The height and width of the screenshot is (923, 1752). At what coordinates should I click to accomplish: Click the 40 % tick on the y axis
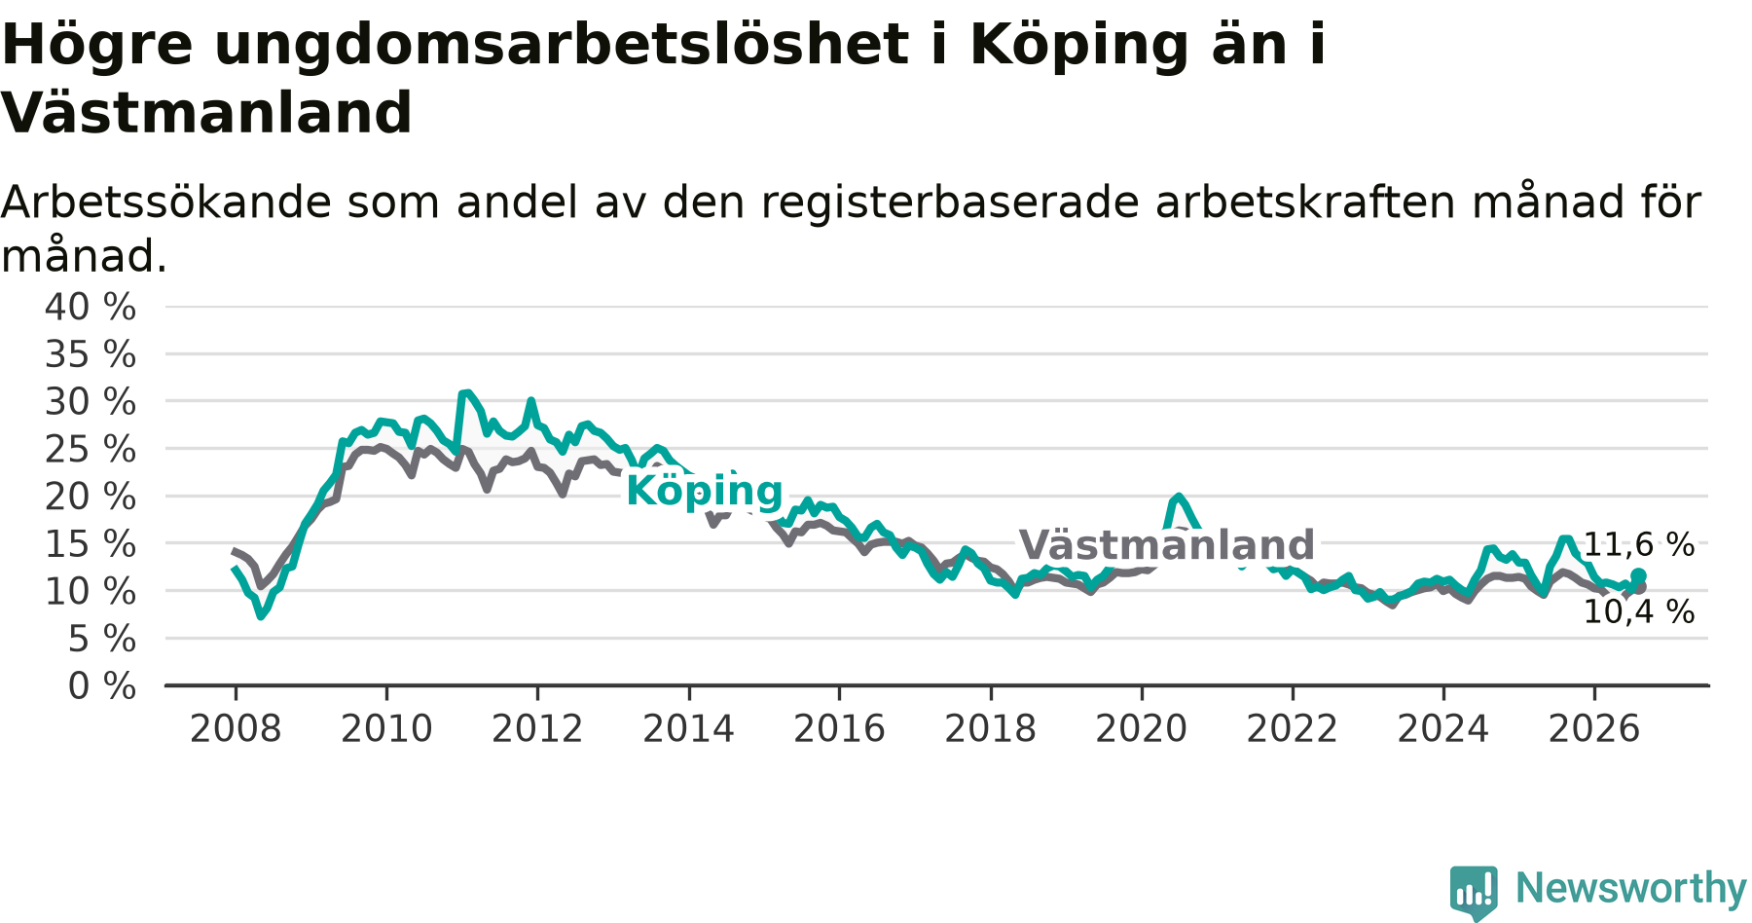(x=91, y=307)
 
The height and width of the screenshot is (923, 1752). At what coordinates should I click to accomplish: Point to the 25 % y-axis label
(x=91, y=449)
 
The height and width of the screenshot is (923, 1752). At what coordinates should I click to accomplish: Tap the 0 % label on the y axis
(x=102, y=686)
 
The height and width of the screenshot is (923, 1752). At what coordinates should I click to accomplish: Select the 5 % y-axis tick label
(x=102, y=639)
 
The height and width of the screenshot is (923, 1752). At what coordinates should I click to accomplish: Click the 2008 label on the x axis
(x=236, y=728)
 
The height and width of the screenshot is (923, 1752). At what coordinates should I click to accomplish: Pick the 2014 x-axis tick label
(x=688, y=728)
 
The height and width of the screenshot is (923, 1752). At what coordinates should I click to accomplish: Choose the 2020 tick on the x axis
(x=1142, y=728)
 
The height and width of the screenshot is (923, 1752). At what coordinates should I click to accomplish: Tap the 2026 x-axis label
(x=1594, y=728)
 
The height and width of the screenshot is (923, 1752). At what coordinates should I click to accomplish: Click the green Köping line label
(x=705, y=491)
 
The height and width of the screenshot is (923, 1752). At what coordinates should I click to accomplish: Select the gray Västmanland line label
(x=1167, y=544)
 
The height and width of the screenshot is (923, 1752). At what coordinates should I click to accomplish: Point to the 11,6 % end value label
(x=1639, y=545)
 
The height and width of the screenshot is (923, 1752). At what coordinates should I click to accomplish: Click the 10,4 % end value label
(x=1639, y=612)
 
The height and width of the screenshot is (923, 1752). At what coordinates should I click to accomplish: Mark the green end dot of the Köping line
(x=1638, y=576)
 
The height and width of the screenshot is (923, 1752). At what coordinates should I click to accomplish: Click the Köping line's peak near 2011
(x=467, y=393)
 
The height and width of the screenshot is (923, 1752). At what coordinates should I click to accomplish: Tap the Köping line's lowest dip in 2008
(x=261, y=615)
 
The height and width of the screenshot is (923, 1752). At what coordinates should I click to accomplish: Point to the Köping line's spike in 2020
(x=1179, y=497)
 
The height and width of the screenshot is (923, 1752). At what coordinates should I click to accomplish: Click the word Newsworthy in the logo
(x=1631, y=888)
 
